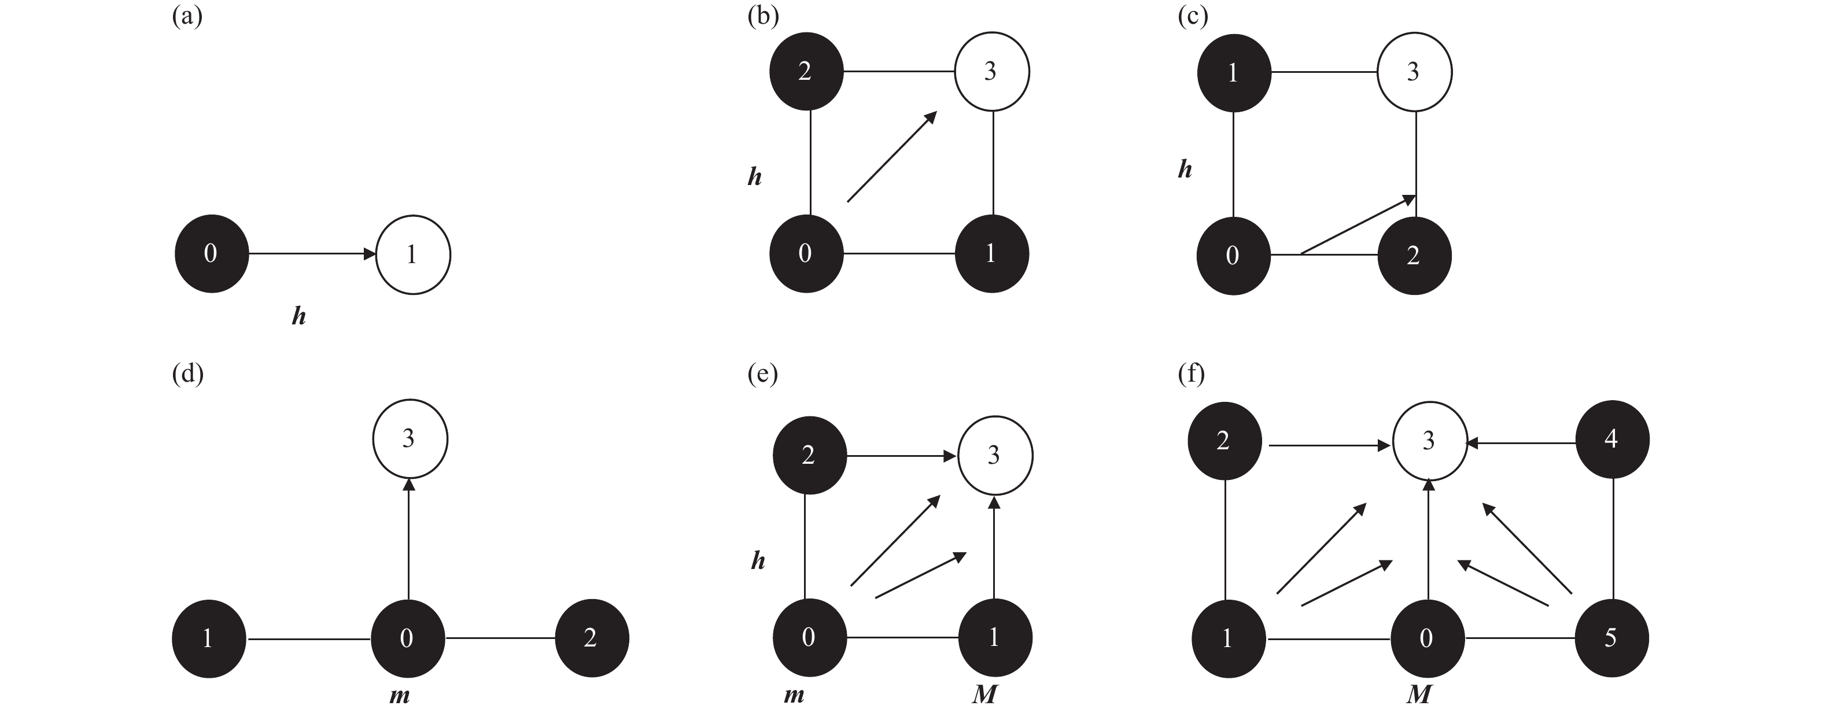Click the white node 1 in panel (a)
point(413,254)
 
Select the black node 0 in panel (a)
point(212,254)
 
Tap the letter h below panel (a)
point(298,316)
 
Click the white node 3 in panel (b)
point(991,72)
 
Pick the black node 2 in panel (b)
point(806,72)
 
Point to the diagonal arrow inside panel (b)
point(891,157)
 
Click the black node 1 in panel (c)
point(1234,72)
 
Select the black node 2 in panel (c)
point(1414,256)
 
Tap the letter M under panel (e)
point(984,695)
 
